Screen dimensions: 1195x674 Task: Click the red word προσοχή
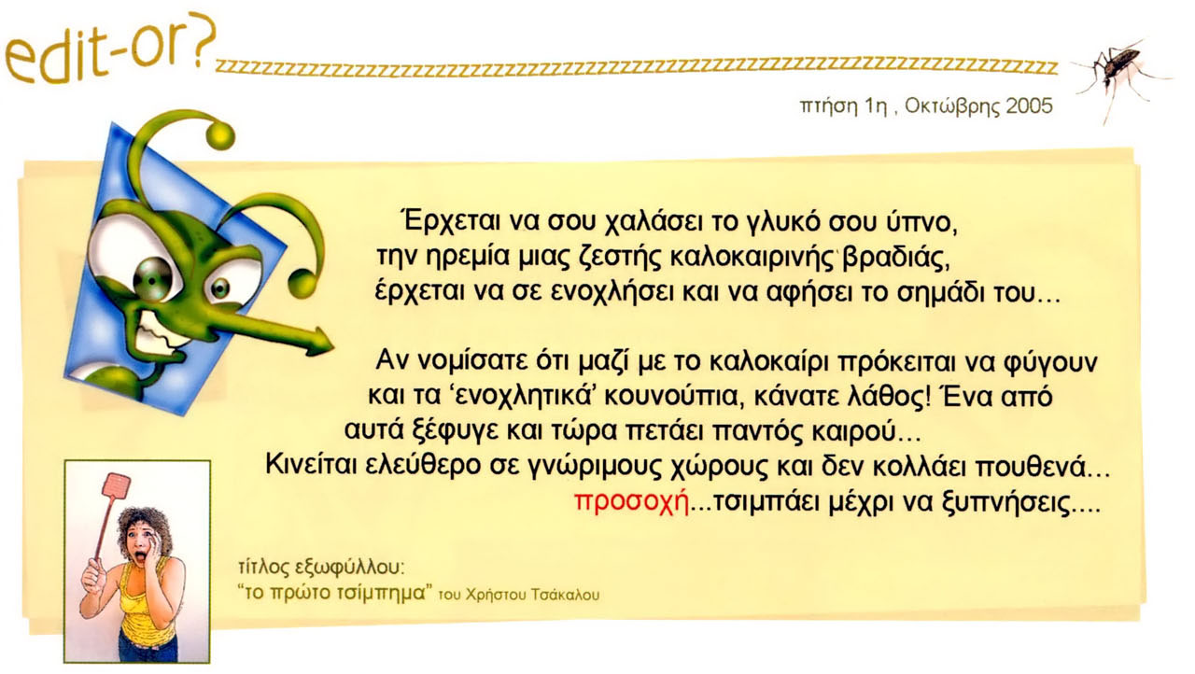[x=632, y=502]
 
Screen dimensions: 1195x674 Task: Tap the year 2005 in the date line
[x=1029, y=106]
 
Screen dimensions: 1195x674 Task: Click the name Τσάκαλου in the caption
[x=566, y=595]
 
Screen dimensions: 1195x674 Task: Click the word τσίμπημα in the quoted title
[x=381, y=593]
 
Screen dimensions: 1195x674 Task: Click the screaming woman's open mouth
[x=139, y=557]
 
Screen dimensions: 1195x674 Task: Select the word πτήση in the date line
[x=826, y=106]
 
